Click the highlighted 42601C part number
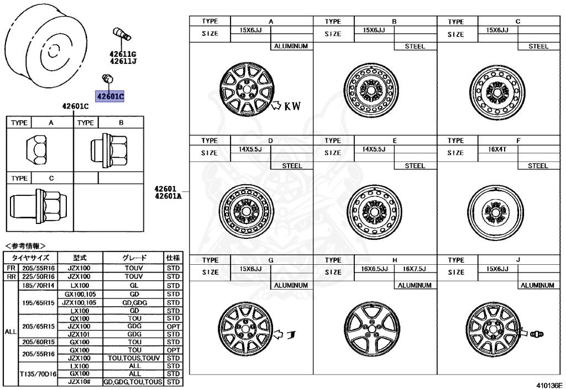110,97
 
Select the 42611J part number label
123,61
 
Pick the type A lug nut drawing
36,150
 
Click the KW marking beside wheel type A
292,106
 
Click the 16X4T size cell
497,149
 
